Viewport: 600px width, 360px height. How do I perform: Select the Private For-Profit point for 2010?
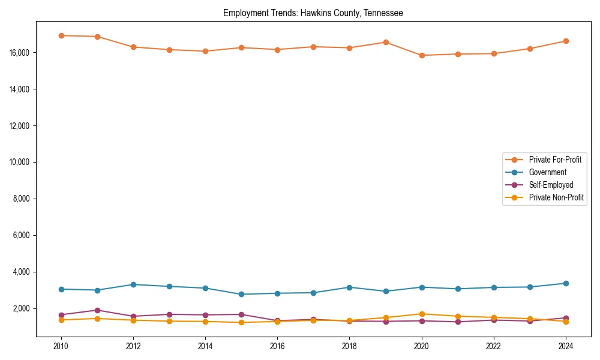click(61, 35)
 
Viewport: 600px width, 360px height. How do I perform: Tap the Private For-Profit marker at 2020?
click(422, 55)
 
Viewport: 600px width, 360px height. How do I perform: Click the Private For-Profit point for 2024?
click(566, 41)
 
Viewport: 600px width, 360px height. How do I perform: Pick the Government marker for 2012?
click(133, 284)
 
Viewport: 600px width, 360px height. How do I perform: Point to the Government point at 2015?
click(241, 294)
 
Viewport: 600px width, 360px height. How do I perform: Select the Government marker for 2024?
click(566, 283)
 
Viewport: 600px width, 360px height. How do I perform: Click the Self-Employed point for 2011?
click(97, 310)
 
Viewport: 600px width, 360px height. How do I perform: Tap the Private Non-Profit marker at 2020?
click(422, 314)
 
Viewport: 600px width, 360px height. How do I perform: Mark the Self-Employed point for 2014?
click(205, 315)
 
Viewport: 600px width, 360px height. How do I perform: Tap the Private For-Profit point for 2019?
click(386, 42)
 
